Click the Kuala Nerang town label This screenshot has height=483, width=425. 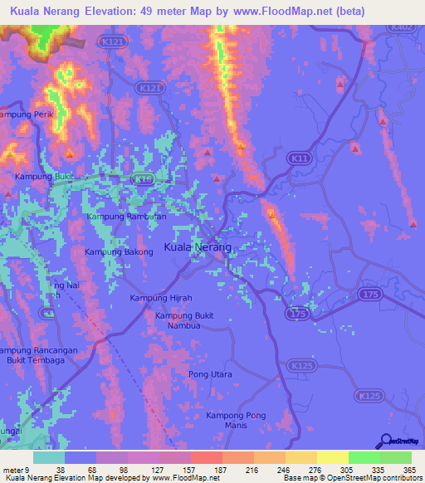pyautogui.click(x=198, y=247)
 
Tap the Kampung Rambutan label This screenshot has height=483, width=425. pyautogui.click(x=127, y=217)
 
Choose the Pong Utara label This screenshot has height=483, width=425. pyautogui.click(x=210, y=375)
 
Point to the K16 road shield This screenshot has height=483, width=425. pyautogui.click(x=143, y=178)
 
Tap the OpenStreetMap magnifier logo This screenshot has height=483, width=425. pyautogui.click(x=384, y=442)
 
